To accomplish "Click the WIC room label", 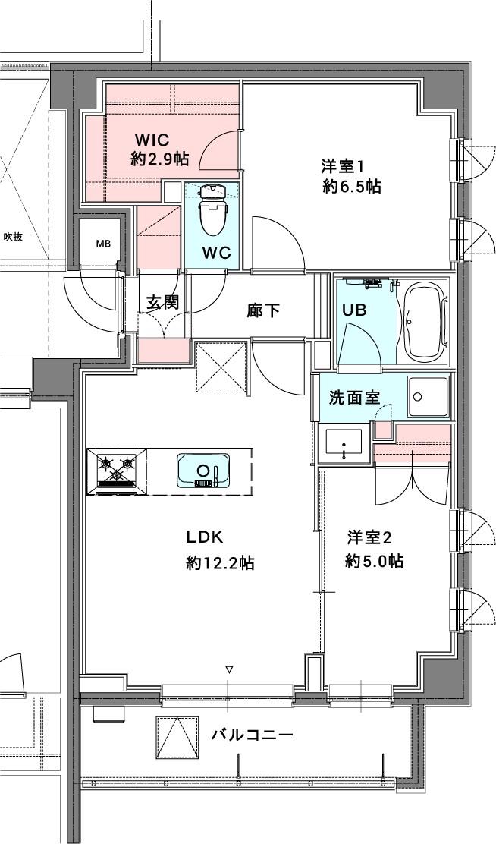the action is click(152, 140).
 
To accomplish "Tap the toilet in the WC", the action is click(212, 210).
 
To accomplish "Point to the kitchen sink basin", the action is click(202, 471).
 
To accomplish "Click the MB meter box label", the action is click(103, 244).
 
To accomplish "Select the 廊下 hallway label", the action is click(264, 310).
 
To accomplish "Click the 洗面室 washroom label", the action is click(354, 398).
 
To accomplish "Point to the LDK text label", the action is click(205, 537).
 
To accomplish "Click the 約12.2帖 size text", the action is click(221, 563).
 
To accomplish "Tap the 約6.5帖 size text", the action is click(353, 186).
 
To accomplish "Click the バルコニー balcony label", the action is click(253, 734).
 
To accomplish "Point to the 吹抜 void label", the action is click(13, 236).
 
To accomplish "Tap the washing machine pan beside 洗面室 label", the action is click(429, 397).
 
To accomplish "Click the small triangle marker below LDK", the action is click(230, 670).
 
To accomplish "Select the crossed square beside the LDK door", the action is click(221, 367).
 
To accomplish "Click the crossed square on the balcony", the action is click(177, 737).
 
